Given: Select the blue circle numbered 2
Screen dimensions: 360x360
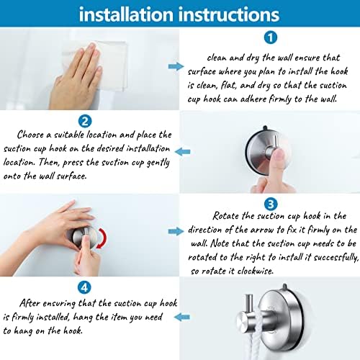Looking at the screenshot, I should [85, 120].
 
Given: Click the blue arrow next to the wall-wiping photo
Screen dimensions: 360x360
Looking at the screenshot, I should [174, 66].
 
